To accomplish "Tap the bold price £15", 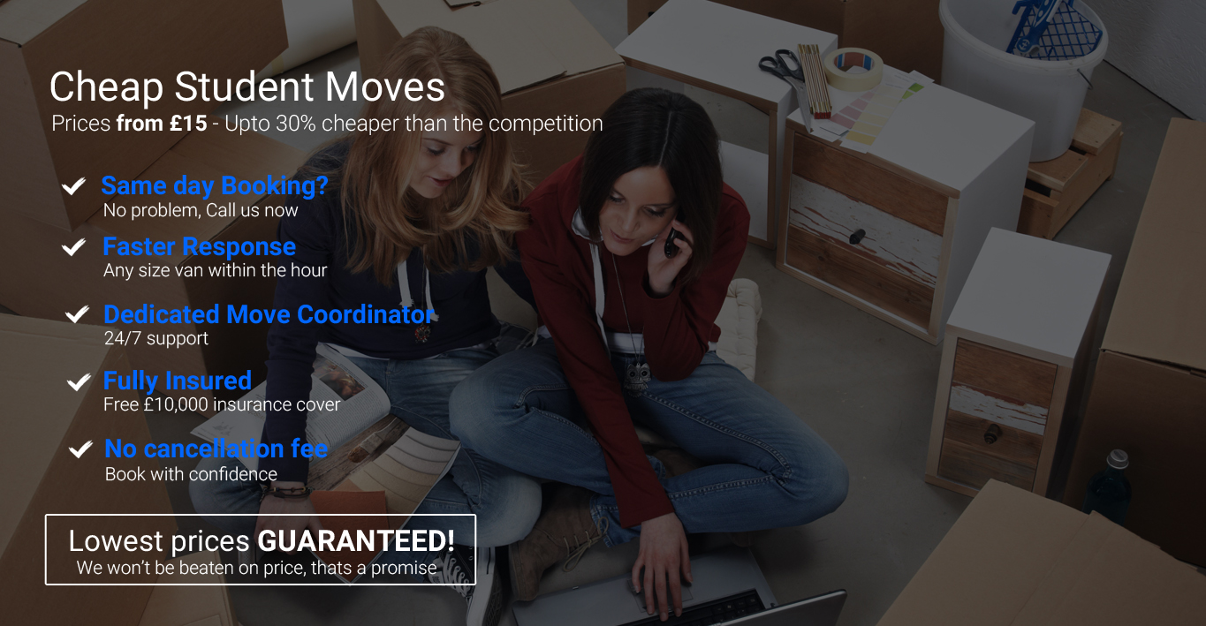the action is (188, 124).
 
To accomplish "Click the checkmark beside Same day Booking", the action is (73, 186).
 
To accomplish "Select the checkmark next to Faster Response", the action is (73, 247).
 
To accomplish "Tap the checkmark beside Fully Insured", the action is (80, 381).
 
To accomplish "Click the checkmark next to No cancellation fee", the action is (80, 449).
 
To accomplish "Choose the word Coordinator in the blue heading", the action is (366, 314).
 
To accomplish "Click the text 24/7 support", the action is (156, 338).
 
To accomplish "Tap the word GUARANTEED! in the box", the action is (356, 541).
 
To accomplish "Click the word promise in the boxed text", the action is (404, 569).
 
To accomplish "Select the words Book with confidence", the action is (191, 474).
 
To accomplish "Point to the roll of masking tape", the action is (853, 69).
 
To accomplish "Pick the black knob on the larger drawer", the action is (857, 236).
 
